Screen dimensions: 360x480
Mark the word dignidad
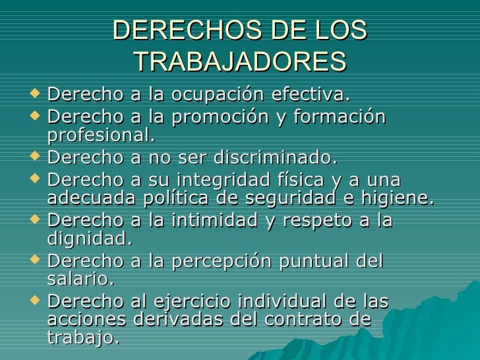[x=90, y=237]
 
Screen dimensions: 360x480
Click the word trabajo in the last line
[x=84, y=338]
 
